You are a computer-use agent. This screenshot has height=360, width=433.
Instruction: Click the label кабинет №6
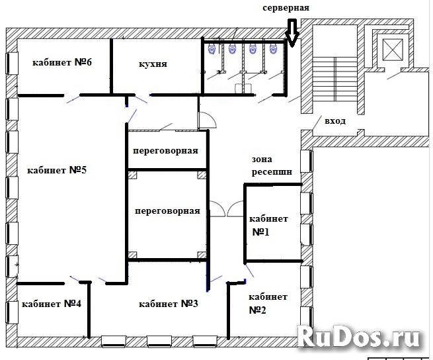click(62, 62)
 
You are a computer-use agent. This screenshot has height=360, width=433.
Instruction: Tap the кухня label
click(153, 64)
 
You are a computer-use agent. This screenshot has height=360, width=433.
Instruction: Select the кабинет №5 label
click(57, 170)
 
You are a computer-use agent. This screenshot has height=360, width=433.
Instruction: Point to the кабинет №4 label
click(52, 304)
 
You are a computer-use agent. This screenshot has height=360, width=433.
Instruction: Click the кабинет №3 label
click(169, 304)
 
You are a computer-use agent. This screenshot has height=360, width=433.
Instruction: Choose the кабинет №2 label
click(268, 303)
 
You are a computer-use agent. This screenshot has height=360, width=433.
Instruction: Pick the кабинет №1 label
click(268, 226)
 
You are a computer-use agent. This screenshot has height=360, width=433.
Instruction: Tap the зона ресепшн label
click(272, 166)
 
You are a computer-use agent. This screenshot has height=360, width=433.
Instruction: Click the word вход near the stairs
click(335, 121)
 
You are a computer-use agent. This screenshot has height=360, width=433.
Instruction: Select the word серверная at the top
click(286, 8)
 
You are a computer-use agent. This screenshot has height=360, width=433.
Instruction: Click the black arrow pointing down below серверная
click(292, 32)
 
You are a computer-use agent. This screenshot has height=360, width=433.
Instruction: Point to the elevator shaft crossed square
click(393, 50)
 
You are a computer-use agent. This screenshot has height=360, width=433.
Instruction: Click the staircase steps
click(335, 79)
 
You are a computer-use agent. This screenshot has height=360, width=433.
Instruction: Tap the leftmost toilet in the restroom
click(212, 49)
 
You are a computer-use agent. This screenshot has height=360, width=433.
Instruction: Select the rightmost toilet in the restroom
click(273, 49)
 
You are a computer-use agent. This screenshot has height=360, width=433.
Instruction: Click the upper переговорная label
click(165, 151)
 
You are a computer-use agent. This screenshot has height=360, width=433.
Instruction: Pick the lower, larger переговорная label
click(167, 211)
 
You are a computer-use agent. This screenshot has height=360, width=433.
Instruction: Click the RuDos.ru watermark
click(358, 336)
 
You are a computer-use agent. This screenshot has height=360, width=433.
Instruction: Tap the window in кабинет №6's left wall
click(12, 64)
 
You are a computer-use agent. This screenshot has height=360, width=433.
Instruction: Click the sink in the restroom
click(242, 88)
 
